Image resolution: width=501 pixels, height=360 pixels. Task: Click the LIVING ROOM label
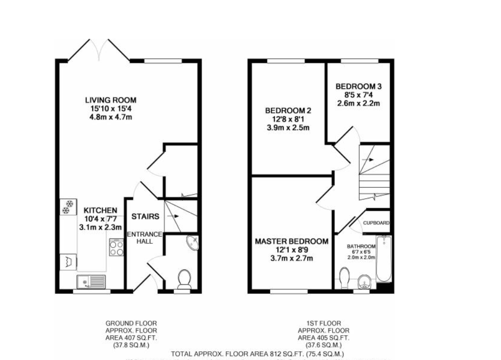pyautogui.click(x=108, y=100)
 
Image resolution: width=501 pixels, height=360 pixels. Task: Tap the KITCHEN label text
pyautogui.click(x=100, y=210)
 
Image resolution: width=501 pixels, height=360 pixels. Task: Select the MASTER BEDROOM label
pyautogui.click(x=292, y=241)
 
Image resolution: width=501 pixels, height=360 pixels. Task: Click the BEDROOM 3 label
pyautogui.click(x=359, y=86)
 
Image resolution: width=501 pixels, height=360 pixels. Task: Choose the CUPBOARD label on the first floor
pyautogui.click(x=376, y=223)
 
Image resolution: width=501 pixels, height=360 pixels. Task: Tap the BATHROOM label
pyautogui.click(x=361, y=246)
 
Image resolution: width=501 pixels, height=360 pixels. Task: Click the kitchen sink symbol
pyautogui.click(x=91, y=280)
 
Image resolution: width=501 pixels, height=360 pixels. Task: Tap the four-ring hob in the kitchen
pyautogui.click(x=116, y=248)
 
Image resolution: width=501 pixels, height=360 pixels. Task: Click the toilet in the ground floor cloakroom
pyautogui.click(x=184, y=278)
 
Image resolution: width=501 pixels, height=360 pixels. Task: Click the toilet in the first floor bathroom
pyautogui.click(x=345, y=278)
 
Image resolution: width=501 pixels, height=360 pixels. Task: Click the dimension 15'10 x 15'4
pyautogui.click(x=108, y=109)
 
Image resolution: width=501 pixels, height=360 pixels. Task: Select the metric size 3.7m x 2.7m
pyautogui.click(x=292, y=258)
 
